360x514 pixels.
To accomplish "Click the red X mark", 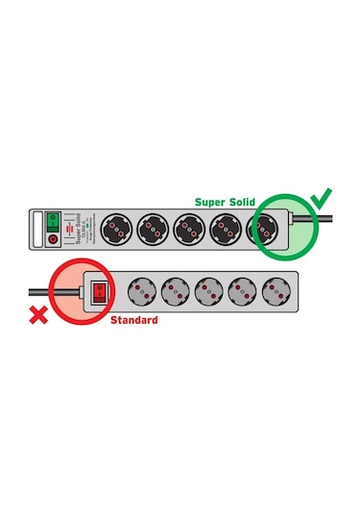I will pyautogui.click(x=38, y=314).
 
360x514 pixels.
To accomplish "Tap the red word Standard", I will pyautogui.click(x=133, y=319).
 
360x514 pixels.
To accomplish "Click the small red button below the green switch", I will pyautogui.click(x=54, y=237).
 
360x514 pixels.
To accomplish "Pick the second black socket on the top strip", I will pyautogui.click(x=155, y=230).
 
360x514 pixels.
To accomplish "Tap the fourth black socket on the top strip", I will pyautogui.click(x=226, y=230).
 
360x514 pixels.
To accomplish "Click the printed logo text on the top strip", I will pyautogui.click(x=81, y=228).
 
